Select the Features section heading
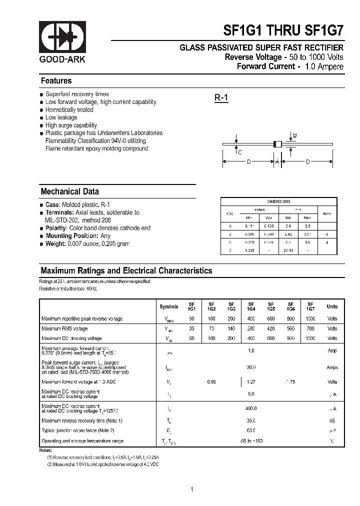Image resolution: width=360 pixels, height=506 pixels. (56, 81)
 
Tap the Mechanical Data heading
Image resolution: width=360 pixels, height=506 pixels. (69, 191)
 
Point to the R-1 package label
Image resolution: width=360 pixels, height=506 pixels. (221, 98)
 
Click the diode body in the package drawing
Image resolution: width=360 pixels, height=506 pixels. (277, 144)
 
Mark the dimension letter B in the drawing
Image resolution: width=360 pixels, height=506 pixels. (295, 135)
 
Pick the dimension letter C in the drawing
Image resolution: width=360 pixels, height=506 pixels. (239, 152)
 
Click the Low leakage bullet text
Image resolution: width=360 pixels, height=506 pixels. (61, 117)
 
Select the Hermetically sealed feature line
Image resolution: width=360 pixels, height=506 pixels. (69, 109)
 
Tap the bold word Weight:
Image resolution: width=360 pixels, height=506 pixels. (56, 243)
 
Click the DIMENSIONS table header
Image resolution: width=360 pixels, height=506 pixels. (278, 201)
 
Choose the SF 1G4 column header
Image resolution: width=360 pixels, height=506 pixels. (250, 306)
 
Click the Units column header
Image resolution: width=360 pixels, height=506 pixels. (332, 306)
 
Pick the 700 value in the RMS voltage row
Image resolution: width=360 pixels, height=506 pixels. (311, 328)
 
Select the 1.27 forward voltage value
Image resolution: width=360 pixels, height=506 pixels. (251, 381)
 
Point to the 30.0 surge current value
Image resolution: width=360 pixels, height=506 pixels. (251, 367)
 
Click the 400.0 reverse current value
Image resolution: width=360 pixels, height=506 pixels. (251, 408)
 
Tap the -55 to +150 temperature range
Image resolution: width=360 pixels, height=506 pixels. (251, 441)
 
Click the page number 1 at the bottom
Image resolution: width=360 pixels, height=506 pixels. (191, 489)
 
